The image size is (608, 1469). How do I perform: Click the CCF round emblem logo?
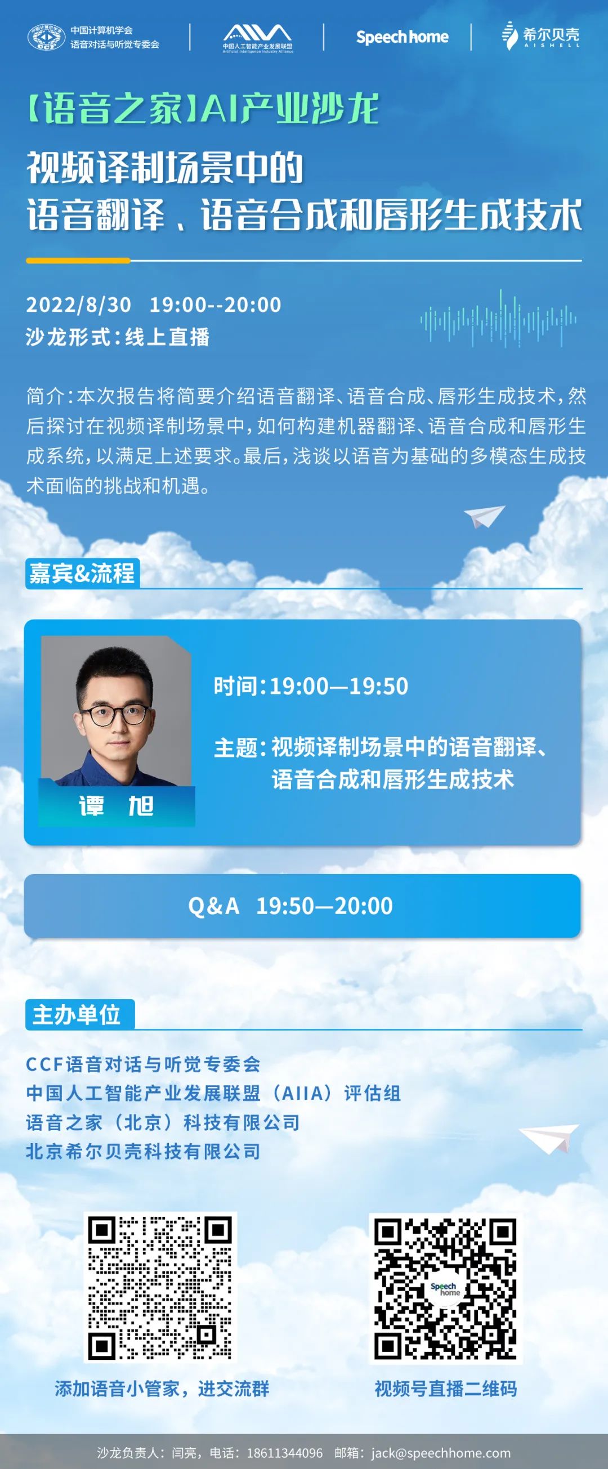tap(46, 37)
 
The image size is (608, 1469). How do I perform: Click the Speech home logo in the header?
tap(402, 37)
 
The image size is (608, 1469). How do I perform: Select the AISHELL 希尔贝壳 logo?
tap(540, 36)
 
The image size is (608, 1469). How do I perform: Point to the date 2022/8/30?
tap(79, 304)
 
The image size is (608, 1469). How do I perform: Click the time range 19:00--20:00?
tap(216, 304)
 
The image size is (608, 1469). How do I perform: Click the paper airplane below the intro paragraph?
tap(484, 516)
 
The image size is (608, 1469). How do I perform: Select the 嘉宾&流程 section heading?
tap(82, 573)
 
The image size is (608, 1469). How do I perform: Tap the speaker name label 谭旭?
tap(117, 806)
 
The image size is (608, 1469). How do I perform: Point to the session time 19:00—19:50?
tap(339, 686)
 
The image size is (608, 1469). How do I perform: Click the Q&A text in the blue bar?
tap(214, 906)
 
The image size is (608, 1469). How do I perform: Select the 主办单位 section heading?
tap(77, 1014)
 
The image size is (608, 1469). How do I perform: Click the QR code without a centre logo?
tap(160, 1287)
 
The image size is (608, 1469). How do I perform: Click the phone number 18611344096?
tap(285, 1453)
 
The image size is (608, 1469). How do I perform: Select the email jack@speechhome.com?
tap(441, 1453)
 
